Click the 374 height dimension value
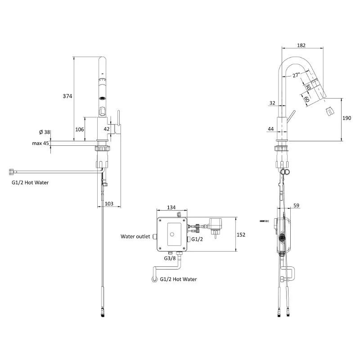coord(68,96)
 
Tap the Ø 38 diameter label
coord(44,132)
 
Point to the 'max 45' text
coord(40,144)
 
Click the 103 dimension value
coord(109,204)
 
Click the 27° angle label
coord(295,76)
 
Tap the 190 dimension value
coord(346,118)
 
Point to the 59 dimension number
coord(296,206)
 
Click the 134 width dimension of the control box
coord(171,207)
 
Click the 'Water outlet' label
coord(135,236)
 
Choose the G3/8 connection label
coord(170,258)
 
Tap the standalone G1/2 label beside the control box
coord(198,239)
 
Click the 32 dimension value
coord(271,103)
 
